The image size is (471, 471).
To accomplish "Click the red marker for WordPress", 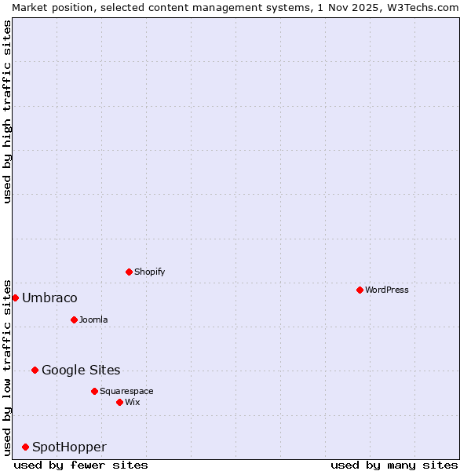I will tap(360, 290).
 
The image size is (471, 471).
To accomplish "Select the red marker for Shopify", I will tap(129, 272).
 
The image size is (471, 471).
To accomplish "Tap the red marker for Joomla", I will tap(74, 319).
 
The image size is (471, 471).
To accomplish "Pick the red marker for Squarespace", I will tap(94, 391).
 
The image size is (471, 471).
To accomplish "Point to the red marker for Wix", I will tap(119, 402).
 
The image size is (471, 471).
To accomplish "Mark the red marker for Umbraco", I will tap(15, 298).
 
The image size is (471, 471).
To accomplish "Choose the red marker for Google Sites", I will tap(35, 370).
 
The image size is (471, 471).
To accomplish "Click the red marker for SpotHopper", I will tap(25, 447).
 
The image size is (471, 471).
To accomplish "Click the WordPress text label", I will tap(387, 290).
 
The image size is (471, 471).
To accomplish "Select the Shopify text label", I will tap(149, 272).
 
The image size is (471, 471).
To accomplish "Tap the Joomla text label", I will tap(93, 319).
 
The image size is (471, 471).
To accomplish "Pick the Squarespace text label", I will tap(126, 391).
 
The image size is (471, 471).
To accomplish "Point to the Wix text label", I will tap(132, 402).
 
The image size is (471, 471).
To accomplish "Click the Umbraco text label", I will tap(49, 298).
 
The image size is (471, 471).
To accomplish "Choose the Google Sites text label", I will tap(81, 370).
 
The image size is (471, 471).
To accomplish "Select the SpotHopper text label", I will tap(69, 447).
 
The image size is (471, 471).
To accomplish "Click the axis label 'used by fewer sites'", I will tap(81, 465).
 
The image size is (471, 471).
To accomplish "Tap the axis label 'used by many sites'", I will tap(394, 465).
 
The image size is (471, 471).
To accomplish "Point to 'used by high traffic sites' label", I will tap(7, 111).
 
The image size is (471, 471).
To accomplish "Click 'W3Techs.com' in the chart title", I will tap(422, 7).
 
